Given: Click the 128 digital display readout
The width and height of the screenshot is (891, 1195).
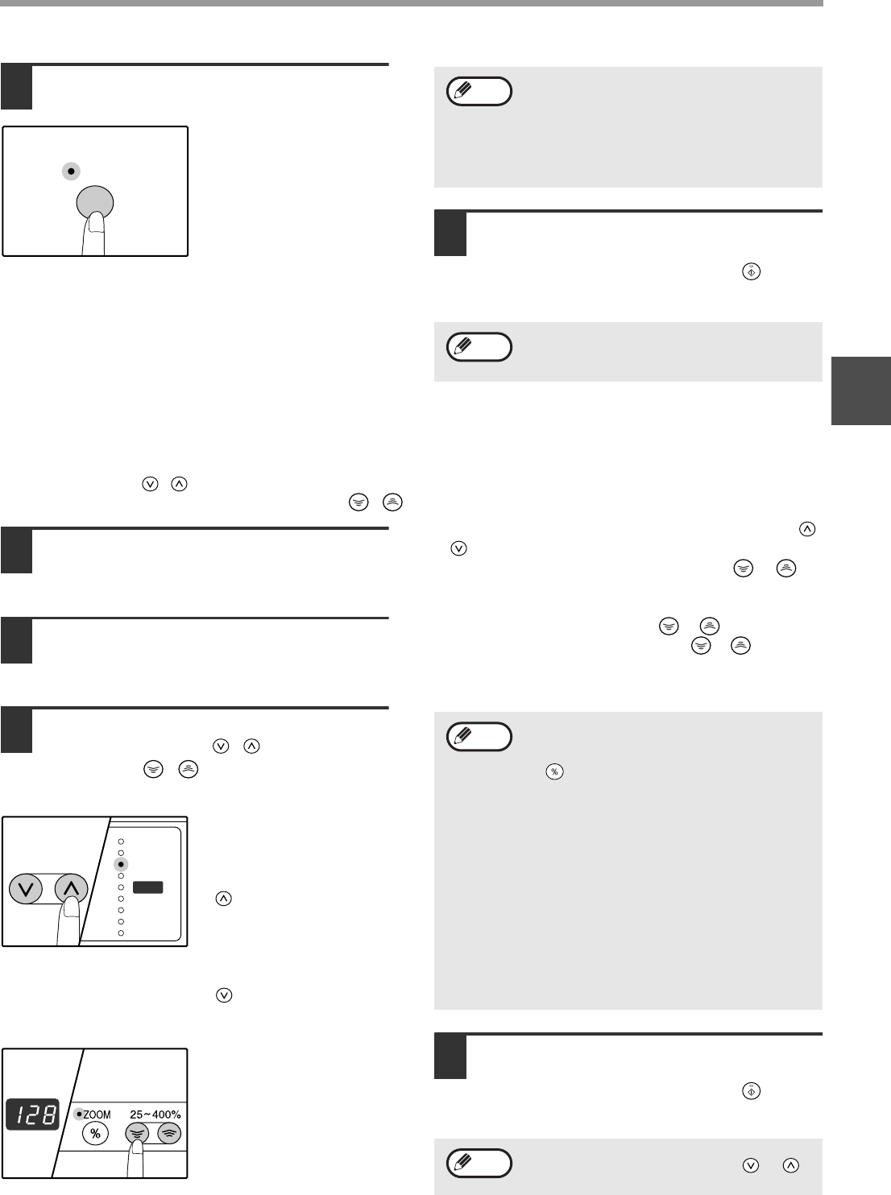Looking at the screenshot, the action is pyautogui.click(x=33, y=1114).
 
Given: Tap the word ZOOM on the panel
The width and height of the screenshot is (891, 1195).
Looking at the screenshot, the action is pyautogui.click(x=97, y=1114).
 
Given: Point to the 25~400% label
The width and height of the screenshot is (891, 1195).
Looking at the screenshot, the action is pyautogui.click(x=155, y=1114).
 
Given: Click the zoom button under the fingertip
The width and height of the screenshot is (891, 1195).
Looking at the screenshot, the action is pyautogui.click(x=137, y=1134).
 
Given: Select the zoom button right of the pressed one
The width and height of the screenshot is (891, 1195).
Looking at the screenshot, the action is pyautogui.click(x=169, y=1134).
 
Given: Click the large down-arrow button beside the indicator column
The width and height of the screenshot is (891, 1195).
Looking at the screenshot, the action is pyautogui.click(x=26, y=889).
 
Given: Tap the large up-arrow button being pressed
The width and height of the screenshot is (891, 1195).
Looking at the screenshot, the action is pyautogui.click(x=72, y=889).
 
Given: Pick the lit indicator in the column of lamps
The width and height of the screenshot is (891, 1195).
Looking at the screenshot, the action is pyautogui.click(x=121, y=865).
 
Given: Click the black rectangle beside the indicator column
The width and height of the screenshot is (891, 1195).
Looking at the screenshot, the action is pyautogui.click(x=148, y=887).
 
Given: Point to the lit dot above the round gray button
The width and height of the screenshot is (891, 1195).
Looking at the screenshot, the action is pyautogui.click(x=71, y=171).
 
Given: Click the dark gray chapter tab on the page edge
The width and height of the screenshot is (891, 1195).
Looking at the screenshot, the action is pyautogui.click(x=861, y=391).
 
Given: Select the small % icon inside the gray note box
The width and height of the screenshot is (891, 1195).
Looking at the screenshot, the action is pyautogui.click(x=554, y=771).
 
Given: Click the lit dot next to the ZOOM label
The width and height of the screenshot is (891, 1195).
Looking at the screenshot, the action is pyautogui.click(x=79, y=1114).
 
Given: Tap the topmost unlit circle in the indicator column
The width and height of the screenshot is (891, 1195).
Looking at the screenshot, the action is pyautogui.click(x=121, y=841).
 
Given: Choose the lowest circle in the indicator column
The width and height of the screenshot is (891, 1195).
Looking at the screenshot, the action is pyautogui.click(x=121, y=933).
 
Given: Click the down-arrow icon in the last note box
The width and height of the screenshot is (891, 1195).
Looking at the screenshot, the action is pyautogui.click(x=751, y=1165).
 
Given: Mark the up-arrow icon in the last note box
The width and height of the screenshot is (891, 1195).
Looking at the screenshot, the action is pyautogui.click(x=791, y=1165).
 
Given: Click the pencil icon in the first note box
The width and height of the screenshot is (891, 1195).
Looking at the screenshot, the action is pyautogui.click(x=463, y=90).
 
